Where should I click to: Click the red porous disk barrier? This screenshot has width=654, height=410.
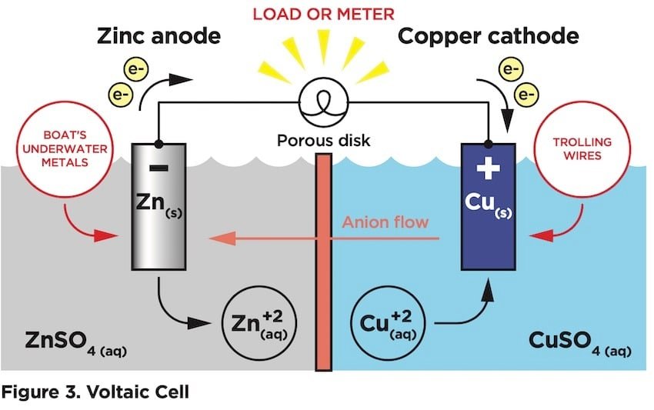pyautogui.click(x=323, y=262)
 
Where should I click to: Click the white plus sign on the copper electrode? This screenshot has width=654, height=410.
pyautogui.click(x=488, y=168)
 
